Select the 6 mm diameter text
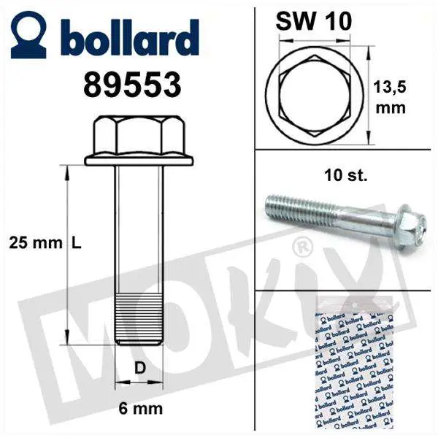pos(140,408)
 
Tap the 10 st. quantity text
pos(346,175)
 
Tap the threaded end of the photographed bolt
pos(281,204)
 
